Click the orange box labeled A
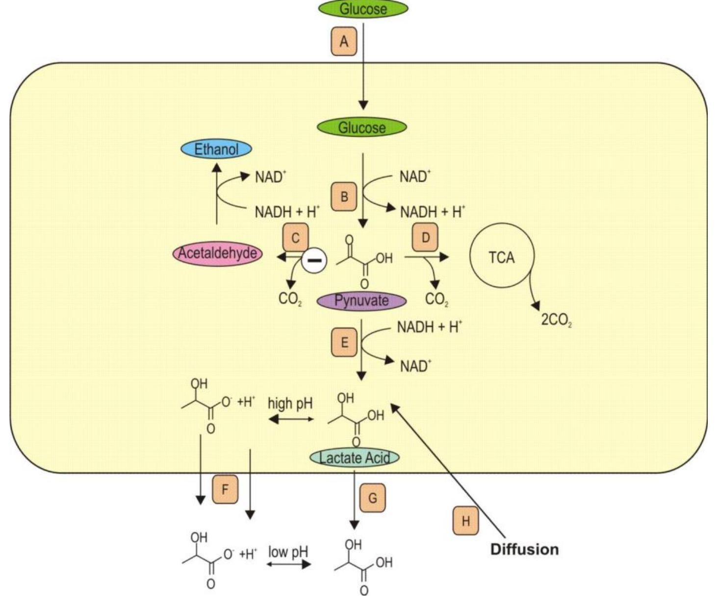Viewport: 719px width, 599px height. click(344, 41)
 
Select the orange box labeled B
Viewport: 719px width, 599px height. click(344, 197)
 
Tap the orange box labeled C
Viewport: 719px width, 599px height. click(295, 238)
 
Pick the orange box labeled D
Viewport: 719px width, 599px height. click(425, 238)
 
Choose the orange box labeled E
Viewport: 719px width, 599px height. click(344, 342)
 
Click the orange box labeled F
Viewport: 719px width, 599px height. click(225, 489)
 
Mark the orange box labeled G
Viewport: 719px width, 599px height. click(372, 498)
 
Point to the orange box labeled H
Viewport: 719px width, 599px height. click(465, 521)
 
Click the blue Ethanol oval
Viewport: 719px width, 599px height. click(216, 149)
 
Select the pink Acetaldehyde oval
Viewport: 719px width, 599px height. click(217, 253)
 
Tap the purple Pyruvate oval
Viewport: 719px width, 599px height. click(361, 300)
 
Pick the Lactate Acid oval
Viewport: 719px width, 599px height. click(355, 458)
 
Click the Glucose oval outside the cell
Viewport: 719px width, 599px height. click(363, 8)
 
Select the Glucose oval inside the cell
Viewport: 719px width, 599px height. click(362, 127)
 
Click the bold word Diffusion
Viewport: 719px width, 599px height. click(524, 549)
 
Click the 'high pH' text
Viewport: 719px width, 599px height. click(290, 403)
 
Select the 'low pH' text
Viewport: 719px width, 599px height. click(288, 552)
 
